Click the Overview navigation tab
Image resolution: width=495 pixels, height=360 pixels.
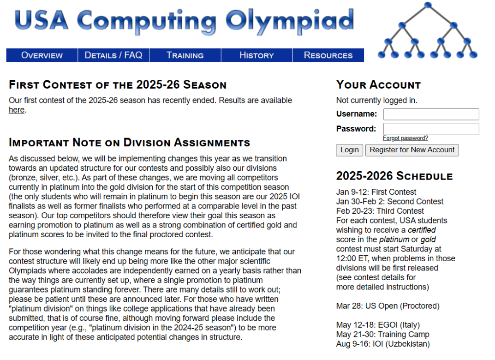click(42, 55)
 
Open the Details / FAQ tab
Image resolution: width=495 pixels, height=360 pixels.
click(113, 55)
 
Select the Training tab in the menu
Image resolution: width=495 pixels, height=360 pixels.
click(185, 55)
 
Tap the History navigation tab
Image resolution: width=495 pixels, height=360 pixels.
click(256, 55)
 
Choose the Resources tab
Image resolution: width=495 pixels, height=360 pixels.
click(328, 55)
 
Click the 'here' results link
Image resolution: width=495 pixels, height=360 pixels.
click(16, 110)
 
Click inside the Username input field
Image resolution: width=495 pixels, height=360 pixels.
click(431, 114)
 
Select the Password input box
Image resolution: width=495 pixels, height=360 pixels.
click(431, 129)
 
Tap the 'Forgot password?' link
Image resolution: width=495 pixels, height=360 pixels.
click(405, 138)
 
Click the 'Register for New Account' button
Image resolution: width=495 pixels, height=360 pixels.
click(412, 150)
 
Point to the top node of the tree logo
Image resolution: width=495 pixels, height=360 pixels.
click(428, 5)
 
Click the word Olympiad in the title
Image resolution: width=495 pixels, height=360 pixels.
click(290, 21)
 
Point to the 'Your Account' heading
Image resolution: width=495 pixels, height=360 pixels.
click(378, 85)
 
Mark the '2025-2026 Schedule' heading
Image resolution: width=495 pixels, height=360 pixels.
click(394, 176)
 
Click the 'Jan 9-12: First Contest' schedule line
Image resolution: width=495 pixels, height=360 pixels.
click(376, 192)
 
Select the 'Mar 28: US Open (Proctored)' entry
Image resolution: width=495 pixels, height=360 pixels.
click(388, 306)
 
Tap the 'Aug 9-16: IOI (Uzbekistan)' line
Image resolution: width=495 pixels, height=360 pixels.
click(383, 344)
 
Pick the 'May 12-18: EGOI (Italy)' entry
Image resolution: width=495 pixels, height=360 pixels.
click(378, 325)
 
